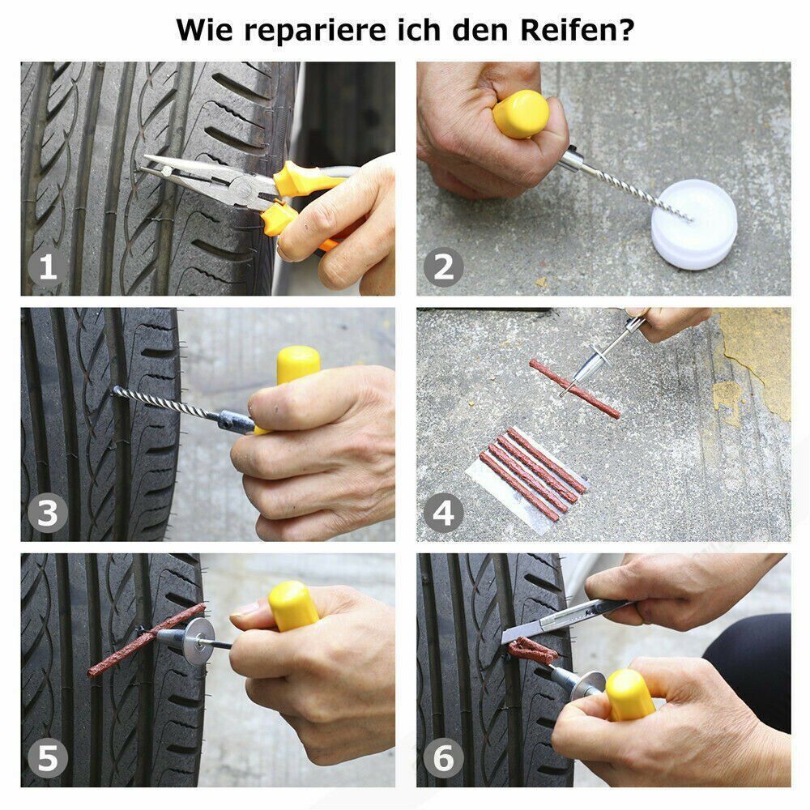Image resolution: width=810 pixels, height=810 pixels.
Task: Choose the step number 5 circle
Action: tap(48, 759)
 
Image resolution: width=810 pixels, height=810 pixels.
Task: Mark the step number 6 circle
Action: tap(444, 759)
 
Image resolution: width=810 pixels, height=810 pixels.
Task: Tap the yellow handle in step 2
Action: tap(520, 114)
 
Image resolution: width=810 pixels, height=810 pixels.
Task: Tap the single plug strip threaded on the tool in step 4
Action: tap(575, 390)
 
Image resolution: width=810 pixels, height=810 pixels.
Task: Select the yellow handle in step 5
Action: tap(293, 606)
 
